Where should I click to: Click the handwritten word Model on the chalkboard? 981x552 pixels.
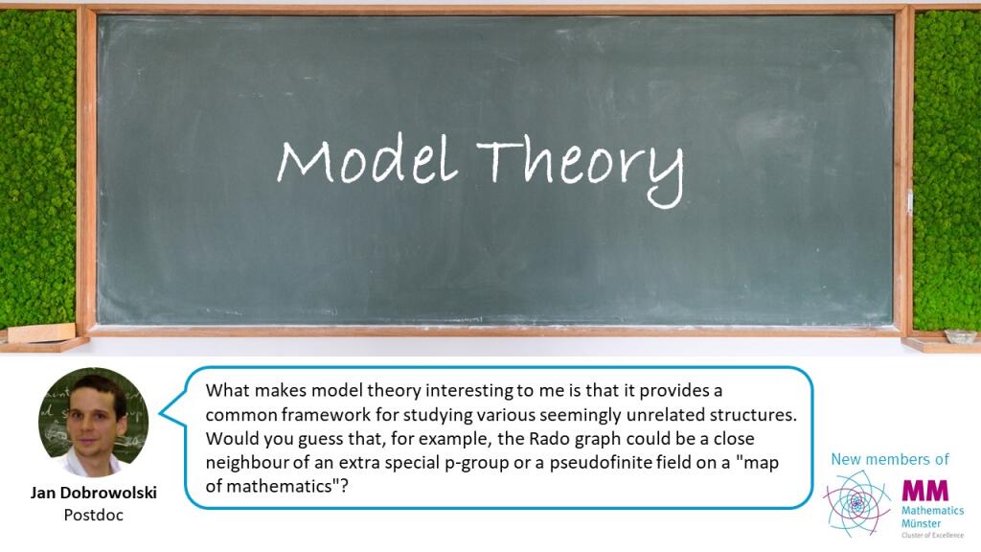367,160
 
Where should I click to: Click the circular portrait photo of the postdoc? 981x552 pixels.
93,423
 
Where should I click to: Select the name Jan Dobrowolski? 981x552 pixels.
94,493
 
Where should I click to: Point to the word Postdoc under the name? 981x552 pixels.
94,515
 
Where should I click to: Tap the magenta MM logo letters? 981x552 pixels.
924,490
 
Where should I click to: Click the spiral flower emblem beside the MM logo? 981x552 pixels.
857,503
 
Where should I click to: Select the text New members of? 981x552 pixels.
890,459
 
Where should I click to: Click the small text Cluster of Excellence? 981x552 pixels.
933,535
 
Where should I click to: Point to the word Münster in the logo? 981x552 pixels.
921,523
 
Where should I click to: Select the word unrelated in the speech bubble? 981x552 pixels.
666,414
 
